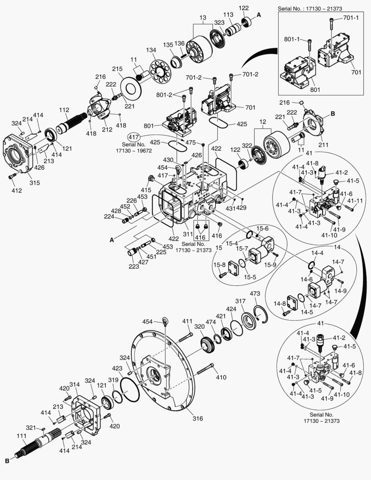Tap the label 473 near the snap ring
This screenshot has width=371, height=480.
coord(255,294)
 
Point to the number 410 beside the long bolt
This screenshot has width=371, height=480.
coord(221,377)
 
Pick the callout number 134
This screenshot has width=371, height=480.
coord(151,50)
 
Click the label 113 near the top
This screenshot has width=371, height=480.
coord(228,15)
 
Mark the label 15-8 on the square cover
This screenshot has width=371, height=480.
coord(220,265)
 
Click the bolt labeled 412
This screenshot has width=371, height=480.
coord(12,177)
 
